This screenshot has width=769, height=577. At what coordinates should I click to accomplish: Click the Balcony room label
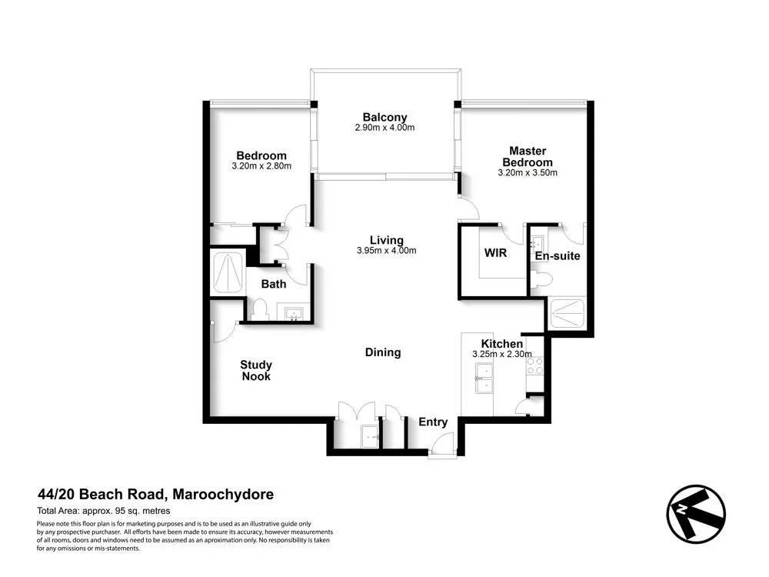[x=384, y=117]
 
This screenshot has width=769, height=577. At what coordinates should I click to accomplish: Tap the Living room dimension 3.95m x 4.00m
[x=386, y=251]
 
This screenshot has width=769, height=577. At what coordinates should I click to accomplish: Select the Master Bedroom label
[x=527, y=156]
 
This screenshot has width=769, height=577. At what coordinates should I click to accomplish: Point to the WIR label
[x=495, y=253]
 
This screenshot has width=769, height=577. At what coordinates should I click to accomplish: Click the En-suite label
[x=558, y=255]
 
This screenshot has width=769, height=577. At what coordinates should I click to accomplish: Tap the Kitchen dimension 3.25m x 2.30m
[x=501, y=355]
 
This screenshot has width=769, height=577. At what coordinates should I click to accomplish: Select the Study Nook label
[x=256, y=371]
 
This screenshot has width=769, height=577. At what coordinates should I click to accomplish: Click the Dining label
[x=382, y=352]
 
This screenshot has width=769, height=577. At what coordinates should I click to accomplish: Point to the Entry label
[x=432, y=422]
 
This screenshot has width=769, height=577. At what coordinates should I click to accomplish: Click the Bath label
[x=273, y=284]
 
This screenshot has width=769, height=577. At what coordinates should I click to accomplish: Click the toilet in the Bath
[x=258, y=309]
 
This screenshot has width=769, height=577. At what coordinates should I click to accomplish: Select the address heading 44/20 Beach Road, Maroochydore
[x=155, y=495]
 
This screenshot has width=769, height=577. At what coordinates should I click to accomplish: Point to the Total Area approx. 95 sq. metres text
[x=103, y=511]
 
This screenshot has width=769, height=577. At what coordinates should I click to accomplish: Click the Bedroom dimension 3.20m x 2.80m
[x=261, y=166]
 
